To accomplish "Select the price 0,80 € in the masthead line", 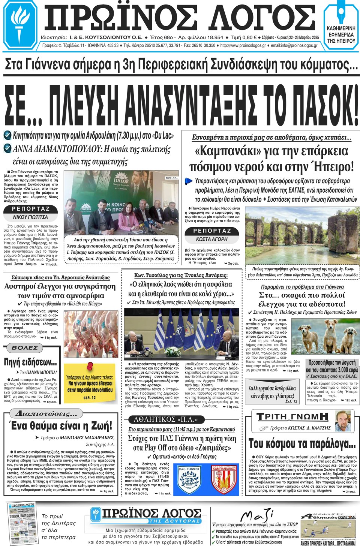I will click(249, 37).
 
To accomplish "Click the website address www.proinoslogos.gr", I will click(243, 45).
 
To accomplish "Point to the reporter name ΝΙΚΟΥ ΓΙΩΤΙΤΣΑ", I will click(30, 217).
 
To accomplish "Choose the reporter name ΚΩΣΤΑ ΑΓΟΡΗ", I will click(212, 239).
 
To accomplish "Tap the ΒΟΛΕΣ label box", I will click(25, 348).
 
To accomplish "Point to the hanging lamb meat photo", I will click(91, 334).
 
